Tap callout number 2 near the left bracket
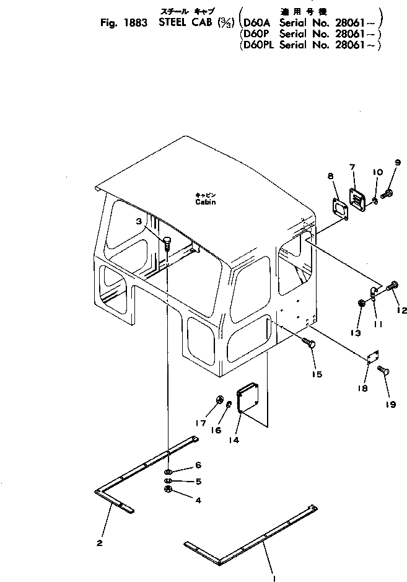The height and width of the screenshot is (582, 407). (x=99, y=544)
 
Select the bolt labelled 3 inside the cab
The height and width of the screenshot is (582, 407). (x=167, y=243)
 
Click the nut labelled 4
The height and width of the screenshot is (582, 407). (x=168, y=491)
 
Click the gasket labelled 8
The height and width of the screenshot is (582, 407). (x=339, y=209)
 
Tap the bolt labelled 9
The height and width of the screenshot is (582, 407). (x=388, y=194)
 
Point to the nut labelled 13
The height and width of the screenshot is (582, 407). (x=361, y=303)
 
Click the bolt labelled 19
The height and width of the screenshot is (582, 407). (x=381, y=372)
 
